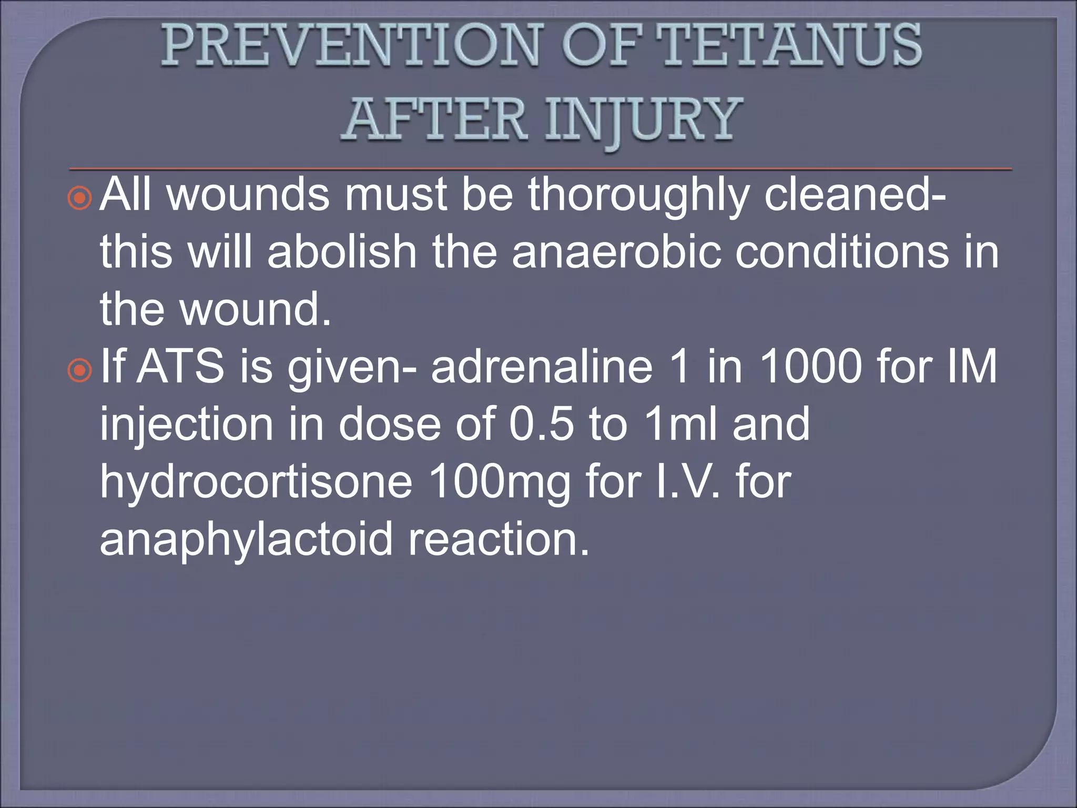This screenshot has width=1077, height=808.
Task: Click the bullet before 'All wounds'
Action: [80, 198]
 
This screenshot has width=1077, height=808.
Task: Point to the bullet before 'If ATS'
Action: [80, 370]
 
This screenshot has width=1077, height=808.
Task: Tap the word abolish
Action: [342, 252]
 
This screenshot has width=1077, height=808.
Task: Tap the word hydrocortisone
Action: [256, 483]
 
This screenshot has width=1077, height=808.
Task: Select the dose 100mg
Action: [500, 483]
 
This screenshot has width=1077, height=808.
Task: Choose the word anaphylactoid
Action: [246, 540]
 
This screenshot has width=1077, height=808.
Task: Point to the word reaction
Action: [499, 540]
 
